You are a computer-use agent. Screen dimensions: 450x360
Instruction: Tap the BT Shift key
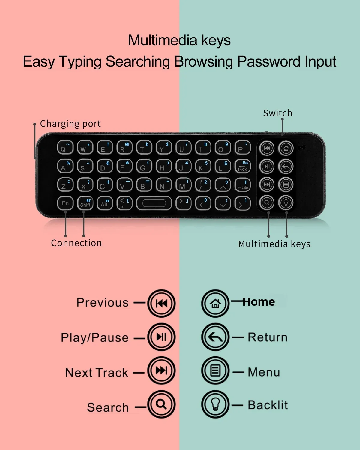85,203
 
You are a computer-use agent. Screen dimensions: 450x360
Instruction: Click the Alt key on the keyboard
105,203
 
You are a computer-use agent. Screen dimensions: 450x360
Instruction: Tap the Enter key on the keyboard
242,185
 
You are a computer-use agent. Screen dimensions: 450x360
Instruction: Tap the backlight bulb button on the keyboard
286,203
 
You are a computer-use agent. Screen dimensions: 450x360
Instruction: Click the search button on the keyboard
267,203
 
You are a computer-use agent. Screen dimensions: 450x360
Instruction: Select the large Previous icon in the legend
161,303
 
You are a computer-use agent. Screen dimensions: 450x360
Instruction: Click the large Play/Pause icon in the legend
161,337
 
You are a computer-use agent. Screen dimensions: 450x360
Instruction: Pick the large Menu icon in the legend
215,370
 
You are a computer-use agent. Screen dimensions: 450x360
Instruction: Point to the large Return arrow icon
215,337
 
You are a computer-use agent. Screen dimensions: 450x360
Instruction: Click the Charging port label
70,124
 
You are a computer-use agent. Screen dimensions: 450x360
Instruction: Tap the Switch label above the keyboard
277,113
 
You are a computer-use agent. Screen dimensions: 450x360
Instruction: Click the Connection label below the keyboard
76,243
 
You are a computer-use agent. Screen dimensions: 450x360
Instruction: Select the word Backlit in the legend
268,405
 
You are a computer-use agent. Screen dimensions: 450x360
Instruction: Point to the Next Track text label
97,373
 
